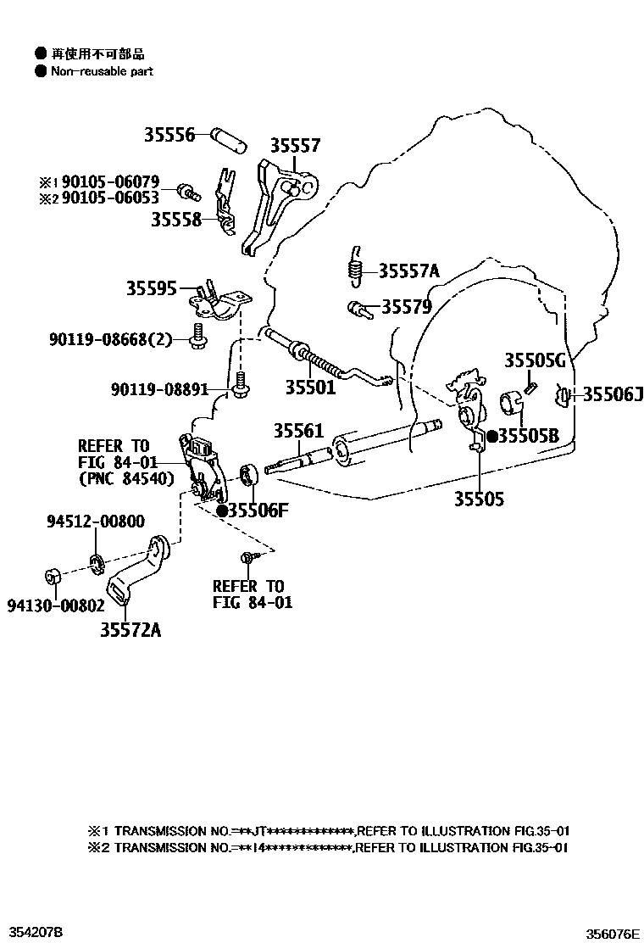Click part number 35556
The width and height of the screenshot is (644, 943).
click(x=169, y=134)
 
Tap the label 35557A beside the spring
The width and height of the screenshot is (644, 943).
click(x=408, y=271)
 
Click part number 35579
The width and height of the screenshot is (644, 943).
click(x=407, y=306)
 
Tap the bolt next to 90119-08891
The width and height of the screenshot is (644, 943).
click(x=241, y=384)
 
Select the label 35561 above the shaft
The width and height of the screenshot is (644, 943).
click(x=298, y=431)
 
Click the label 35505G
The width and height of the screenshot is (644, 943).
click(x=535, y=360)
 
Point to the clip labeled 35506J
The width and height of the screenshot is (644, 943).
click(x=563, y=393)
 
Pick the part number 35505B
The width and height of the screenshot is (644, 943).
click(x=528, y=436)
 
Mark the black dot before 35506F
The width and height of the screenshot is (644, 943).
click(x=222, y=510)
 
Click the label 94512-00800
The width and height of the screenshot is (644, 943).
click(x=95, y=522)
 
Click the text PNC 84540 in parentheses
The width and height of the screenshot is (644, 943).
click(x=126, y=478)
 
